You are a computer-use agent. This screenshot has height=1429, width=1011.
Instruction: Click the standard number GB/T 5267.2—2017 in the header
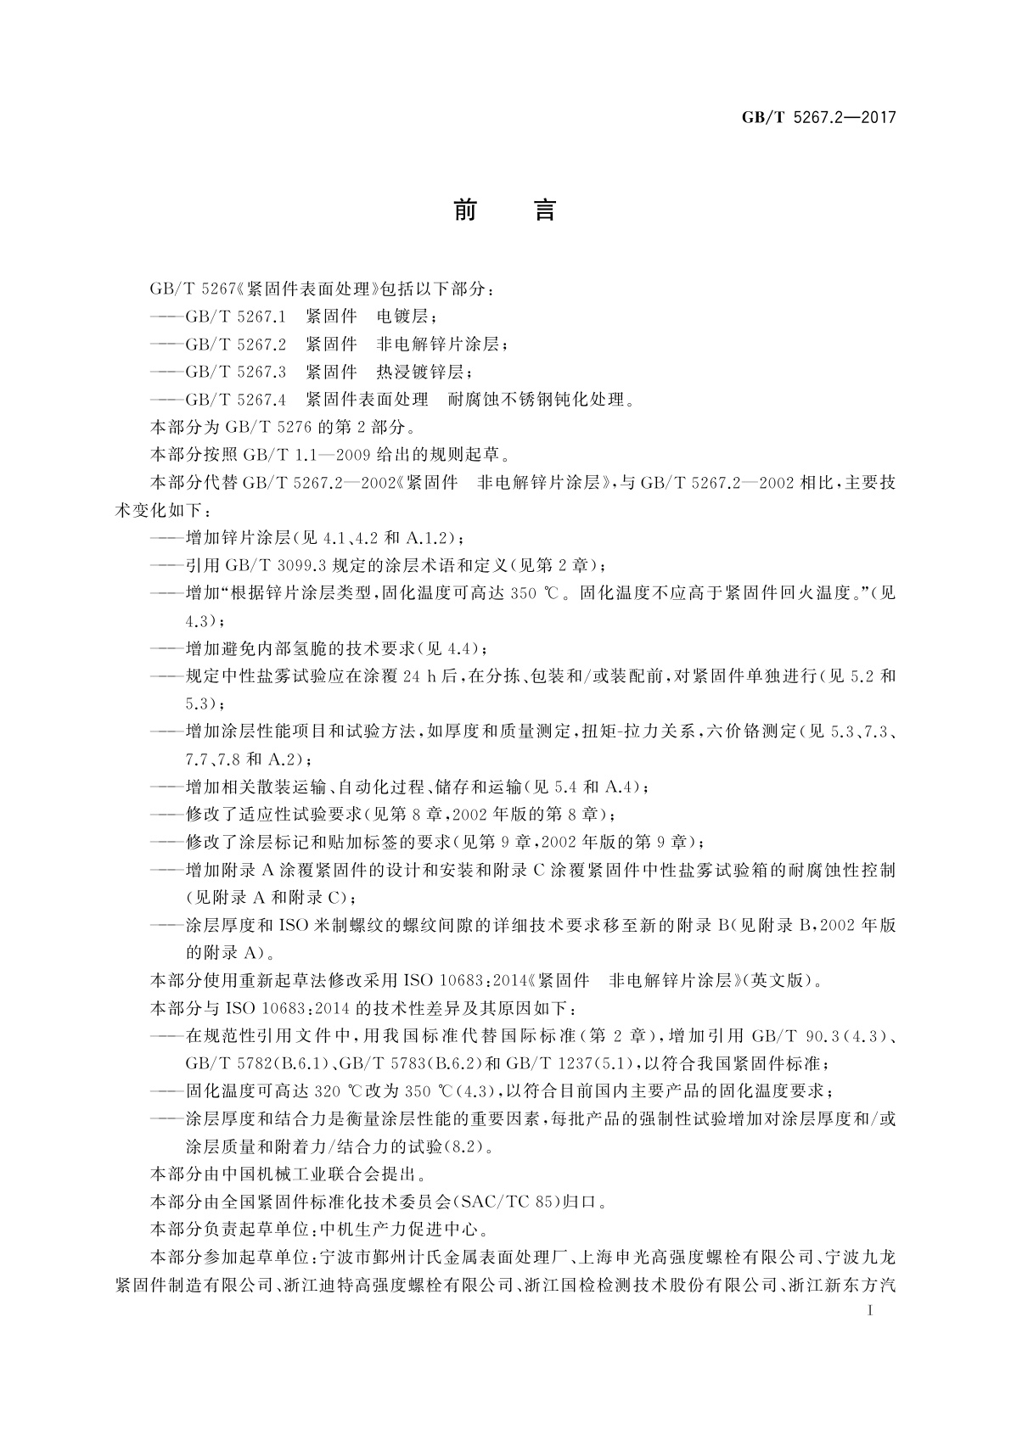tap(819, 118)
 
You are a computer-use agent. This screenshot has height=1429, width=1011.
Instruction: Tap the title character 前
tap(464, 210)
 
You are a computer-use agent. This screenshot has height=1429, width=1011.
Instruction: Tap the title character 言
tap(544, 210)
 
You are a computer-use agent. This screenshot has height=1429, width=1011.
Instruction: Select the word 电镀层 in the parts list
tap(407, 317)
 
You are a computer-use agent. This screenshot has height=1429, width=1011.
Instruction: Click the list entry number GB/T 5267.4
tap(236, 399)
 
